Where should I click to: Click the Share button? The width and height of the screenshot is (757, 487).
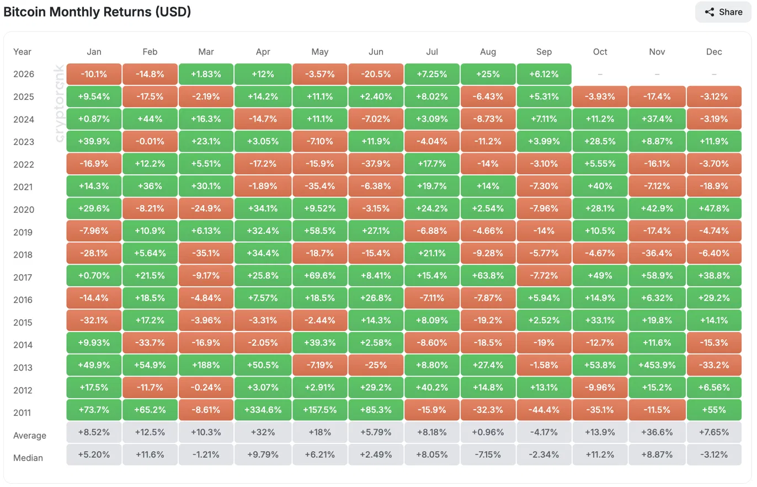723,12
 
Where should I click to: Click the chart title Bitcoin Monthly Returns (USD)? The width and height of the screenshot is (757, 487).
97,12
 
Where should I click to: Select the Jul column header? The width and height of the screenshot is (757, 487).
432,52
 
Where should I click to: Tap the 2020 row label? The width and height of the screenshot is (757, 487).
24,210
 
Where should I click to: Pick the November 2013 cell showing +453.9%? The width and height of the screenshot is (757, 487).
657,365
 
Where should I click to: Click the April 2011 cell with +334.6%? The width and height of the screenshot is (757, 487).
263,410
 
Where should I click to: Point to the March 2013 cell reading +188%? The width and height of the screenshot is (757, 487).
206,365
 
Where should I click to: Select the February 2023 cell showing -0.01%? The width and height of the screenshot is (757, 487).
150,141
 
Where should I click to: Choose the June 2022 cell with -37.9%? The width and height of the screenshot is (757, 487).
376,164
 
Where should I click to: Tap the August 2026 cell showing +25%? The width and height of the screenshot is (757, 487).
488,74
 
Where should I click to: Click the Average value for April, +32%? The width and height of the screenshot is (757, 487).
263,432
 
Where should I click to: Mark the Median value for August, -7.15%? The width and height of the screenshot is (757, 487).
488,454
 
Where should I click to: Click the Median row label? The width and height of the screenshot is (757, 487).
28,458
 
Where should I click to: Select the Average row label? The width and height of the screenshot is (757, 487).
30,435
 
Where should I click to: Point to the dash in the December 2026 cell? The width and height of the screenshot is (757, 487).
714,74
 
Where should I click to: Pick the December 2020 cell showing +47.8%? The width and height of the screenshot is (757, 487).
714,208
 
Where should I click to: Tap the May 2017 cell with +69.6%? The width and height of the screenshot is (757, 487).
319,276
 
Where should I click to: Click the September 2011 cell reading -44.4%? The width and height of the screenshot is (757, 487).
544,410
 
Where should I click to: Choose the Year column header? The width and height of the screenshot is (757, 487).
22,52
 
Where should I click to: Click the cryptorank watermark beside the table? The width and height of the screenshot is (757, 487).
59,103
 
